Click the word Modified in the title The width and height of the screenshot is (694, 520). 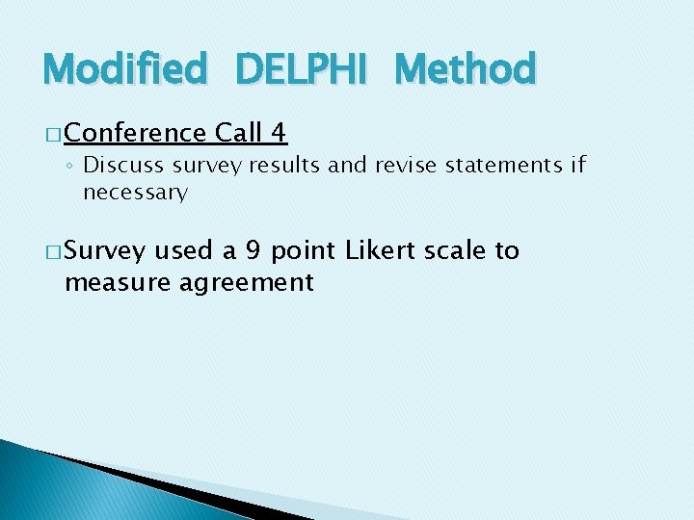(x=124, y=69)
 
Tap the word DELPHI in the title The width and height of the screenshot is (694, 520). (x=300, y=69)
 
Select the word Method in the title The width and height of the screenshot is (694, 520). (x=465, y=69)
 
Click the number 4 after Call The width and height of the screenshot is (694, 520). (x=280, y=132)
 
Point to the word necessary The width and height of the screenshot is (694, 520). (x=135, y=193)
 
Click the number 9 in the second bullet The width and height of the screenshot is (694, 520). (x=253, y=251)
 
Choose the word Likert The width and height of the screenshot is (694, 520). (x=377, y=251)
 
